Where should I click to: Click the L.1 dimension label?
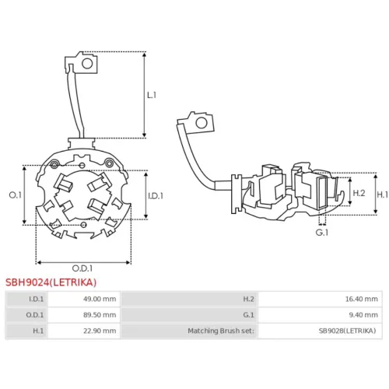click(152, 95)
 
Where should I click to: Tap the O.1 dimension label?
click(16, 195)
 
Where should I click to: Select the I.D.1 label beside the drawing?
click(156, 196)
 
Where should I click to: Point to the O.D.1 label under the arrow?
click(82, 268)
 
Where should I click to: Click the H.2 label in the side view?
click(359, 193)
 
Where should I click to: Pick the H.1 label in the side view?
click(383, 194)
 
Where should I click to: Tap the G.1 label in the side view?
click(322, 233)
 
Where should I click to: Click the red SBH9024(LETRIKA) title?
click(51, 282)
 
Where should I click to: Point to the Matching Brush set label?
click(221, 331)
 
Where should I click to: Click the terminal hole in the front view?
click(87, 64)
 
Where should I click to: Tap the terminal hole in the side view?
click(202, 123)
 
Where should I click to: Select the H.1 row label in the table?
click(38, 331)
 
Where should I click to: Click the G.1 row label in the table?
click(248, 315)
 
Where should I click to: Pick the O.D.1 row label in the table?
click(35, 315)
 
